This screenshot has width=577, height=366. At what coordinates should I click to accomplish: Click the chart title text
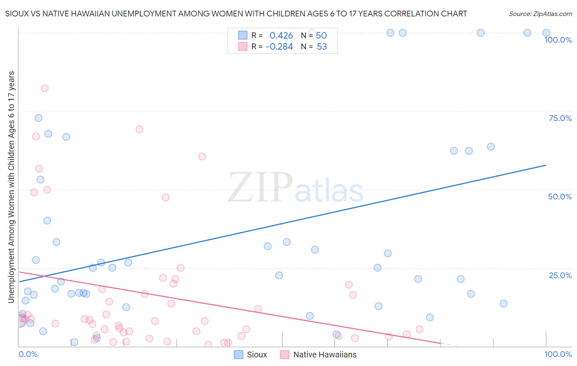tap(236, 14)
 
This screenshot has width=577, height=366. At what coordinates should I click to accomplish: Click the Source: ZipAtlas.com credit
tap(540, 14)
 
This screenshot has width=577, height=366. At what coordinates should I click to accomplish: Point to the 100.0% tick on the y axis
tap(558, 40)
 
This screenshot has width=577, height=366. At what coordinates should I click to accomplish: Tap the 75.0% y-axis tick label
tap(560, 118)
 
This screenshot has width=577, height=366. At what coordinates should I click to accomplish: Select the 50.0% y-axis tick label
tap(560, 197)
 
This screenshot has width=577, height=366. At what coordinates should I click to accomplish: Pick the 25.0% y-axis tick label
tap(560, 275)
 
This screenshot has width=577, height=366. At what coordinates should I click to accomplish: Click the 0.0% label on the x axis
tap(28, 354)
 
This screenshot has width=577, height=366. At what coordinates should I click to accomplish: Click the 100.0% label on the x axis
tap(558, 354)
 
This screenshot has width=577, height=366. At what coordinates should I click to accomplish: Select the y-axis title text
tap(11, 187)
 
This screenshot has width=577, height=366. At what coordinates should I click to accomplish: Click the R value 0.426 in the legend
tap(281, 36)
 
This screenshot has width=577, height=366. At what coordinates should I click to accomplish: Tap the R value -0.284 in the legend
tap(279, 47)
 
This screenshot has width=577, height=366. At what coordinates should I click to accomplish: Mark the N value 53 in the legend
tap(322, 47)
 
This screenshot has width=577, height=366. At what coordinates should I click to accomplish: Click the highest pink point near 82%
tap(44, 88)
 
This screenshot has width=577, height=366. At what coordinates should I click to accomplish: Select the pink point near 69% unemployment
tap(140, 129)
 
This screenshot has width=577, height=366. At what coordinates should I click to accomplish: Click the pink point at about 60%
tap(202, 156)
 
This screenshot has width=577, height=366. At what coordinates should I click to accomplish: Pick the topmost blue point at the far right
tap(546, 33)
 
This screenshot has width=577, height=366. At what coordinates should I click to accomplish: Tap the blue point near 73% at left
tap(39, 118)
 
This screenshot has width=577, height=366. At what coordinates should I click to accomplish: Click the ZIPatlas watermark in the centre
tap(295, 188)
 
